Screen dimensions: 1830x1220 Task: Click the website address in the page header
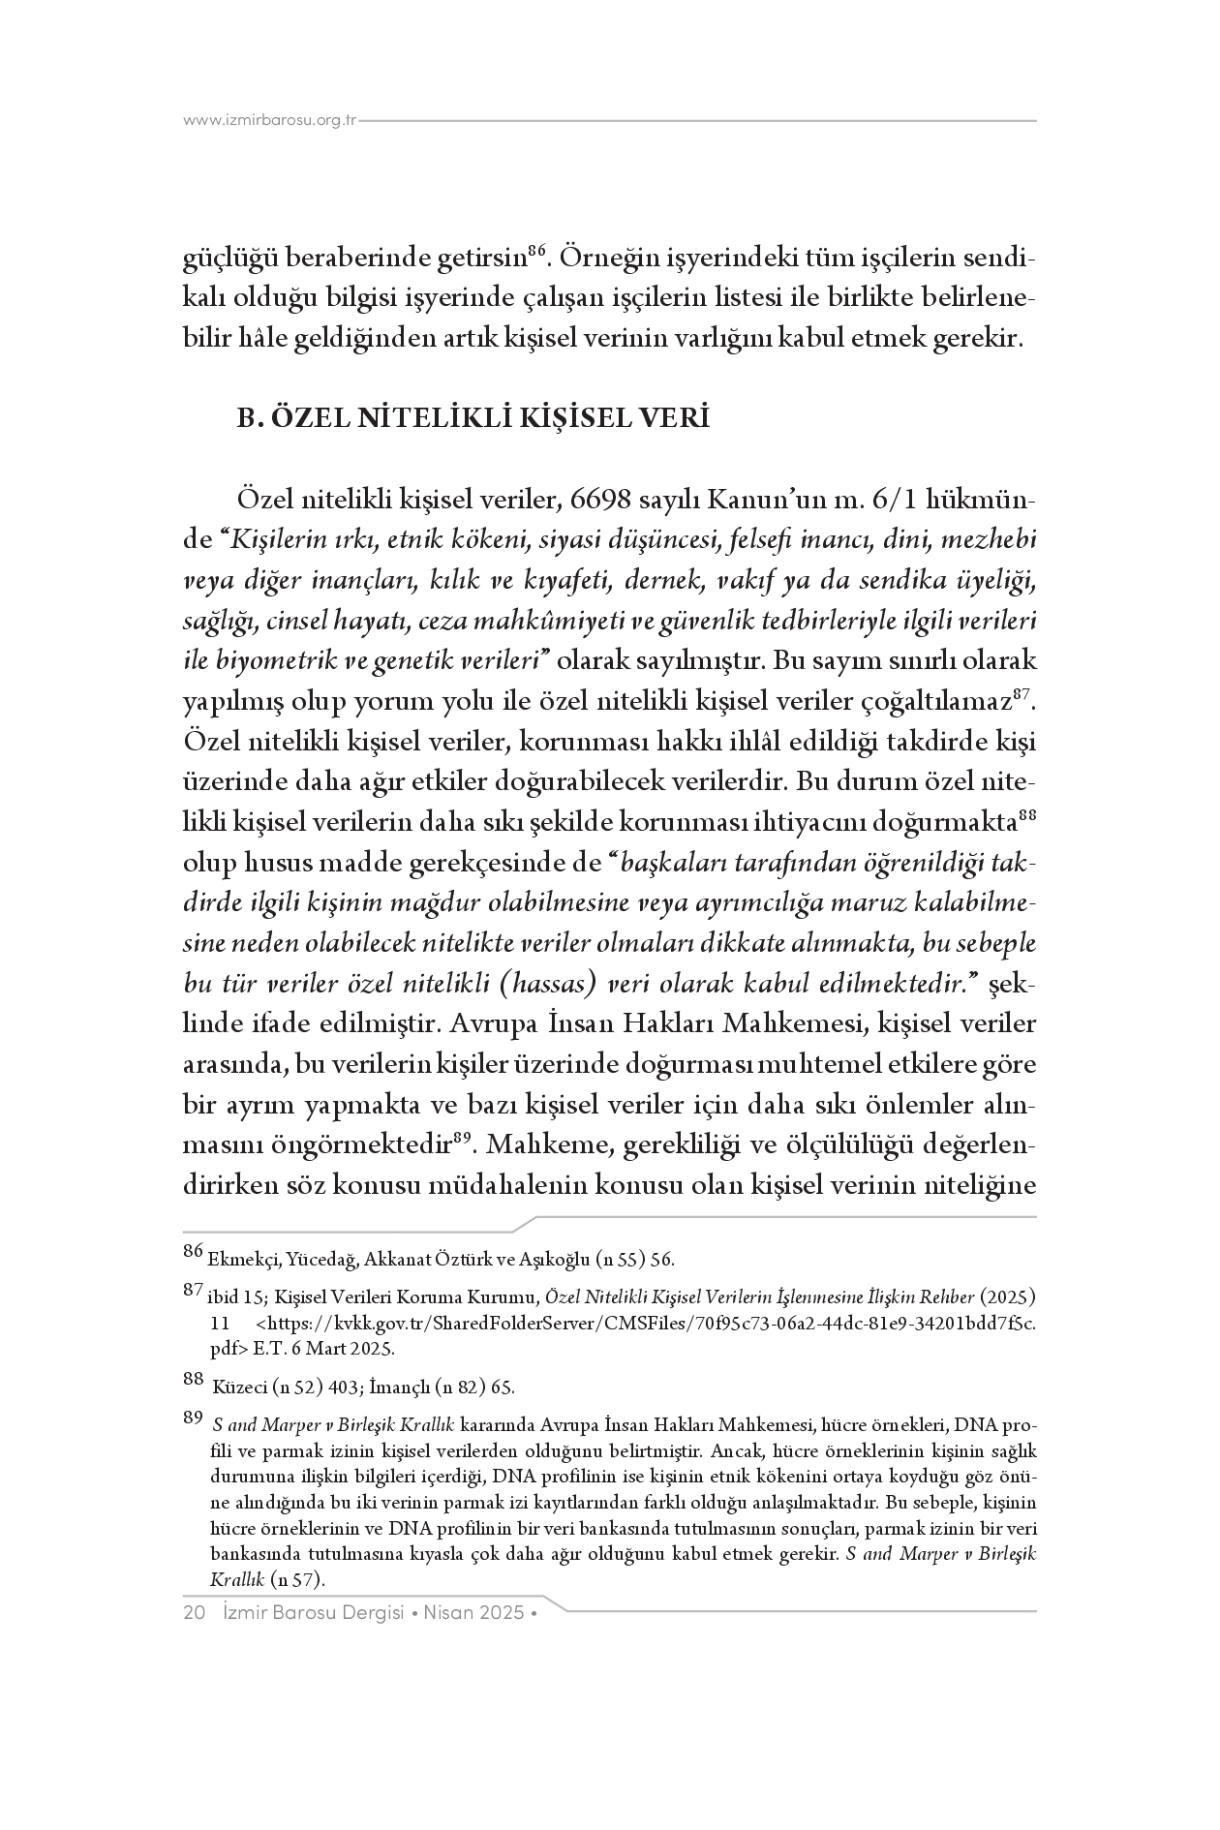coord(270,121)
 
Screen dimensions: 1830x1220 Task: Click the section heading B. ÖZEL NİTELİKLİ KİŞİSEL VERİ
coord(473,419)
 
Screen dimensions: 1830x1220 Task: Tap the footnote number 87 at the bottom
coord(193,1291)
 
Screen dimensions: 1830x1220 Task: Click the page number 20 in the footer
coord(193,1612)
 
